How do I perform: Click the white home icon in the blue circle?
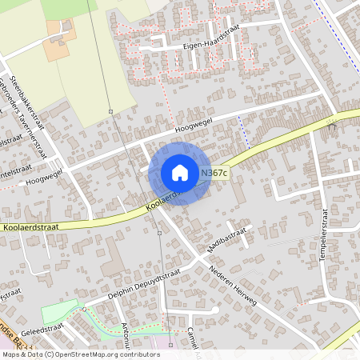coord(180,173)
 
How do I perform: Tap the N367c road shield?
coord(214,173)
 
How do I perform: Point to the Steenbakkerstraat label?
coord(25,75)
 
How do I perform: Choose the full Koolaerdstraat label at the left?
coord(31,228)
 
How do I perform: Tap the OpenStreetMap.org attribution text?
coord(104,354)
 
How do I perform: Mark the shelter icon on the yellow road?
coord(331,125)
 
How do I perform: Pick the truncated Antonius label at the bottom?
coord(126,339)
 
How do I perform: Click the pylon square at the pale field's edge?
coord(111,113)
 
